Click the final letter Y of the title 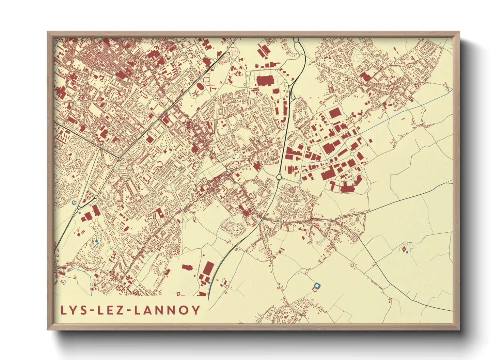(x=196, y=310)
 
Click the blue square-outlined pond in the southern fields (x=317, y=285)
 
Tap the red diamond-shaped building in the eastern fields (x=404, y=249)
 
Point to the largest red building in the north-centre (x=265, y=81)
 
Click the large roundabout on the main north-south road (x=279, y=177)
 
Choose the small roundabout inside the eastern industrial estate (x=300, y=182)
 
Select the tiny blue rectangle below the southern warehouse (x=209, y=283)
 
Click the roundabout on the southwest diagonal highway (x=79, y=207)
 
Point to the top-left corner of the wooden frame (x=48, y=32)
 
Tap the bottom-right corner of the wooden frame (x=459, y=329)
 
